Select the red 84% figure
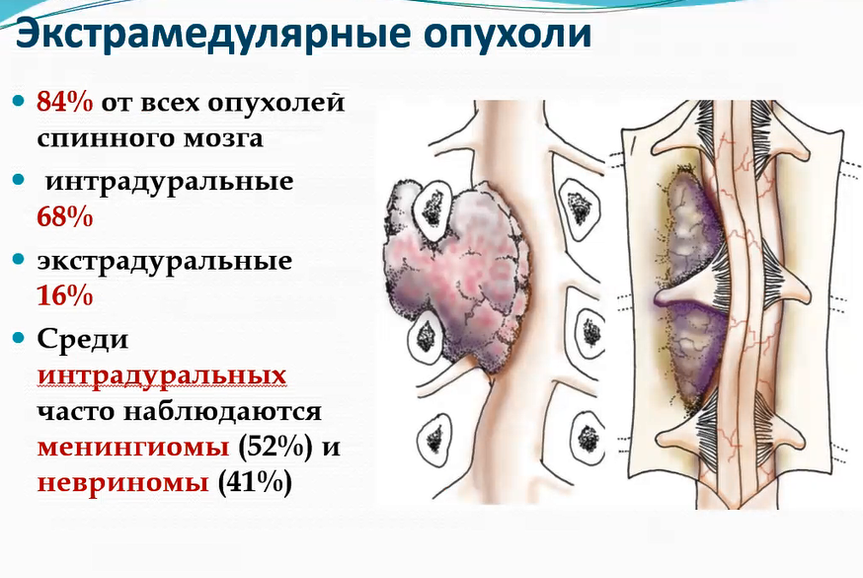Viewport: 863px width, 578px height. [65, 103]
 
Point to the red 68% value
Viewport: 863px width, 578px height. [65, 217]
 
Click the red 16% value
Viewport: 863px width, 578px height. [65, 296]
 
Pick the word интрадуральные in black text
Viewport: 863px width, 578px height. [170, 182]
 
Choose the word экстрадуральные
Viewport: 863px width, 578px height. [165, 262]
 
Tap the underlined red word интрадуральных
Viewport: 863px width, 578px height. [162, 377]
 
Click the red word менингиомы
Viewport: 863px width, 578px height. [133, 447]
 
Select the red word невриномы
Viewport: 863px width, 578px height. [123, 482]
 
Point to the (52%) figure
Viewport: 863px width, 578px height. [275, 447]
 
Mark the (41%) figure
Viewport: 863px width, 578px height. [255, 483]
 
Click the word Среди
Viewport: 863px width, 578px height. [83, 340]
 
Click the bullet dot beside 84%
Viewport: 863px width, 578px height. [19, 101]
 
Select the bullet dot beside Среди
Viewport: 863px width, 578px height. [19, 338]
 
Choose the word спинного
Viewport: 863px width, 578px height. [107, 138]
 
